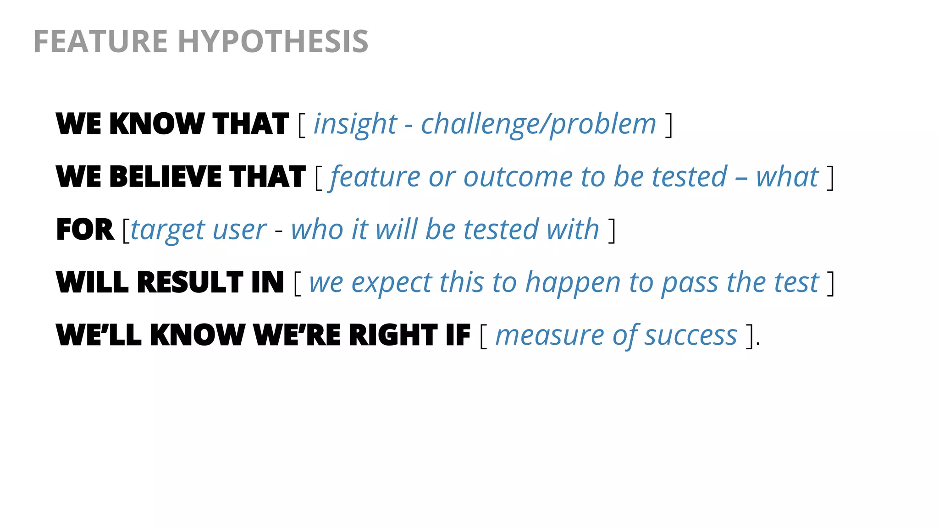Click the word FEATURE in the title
[x=100, y=41]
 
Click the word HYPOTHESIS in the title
[x=273, y=41]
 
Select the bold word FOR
[x=85, y=229]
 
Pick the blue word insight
[x=355, y=124]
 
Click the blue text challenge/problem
[x=539, y=124]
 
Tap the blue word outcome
[x=518, y=177]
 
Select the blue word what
[x=787, y=177]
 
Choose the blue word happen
[x=573, y=283]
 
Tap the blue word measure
[x=550, y=335]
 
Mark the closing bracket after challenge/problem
[x=669, y=125]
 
